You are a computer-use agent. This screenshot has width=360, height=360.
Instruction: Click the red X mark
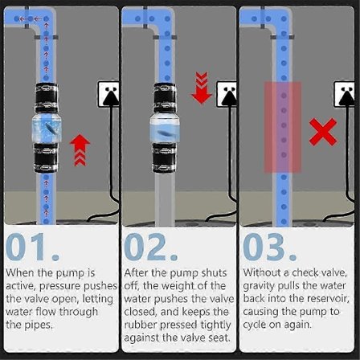tap(323, 132)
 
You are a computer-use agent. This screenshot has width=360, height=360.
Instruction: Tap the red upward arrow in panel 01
tap(80, 150)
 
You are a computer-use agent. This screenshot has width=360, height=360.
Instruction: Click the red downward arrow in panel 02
tap(202, 88)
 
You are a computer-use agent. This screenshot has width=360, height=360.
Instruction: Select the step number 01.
tap(32, 247)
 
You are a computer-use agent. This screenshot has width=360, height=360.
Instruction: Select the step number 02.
tap(151, 247)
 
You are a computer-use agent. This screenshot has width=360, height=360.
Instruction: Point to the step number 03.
tap(269, 247)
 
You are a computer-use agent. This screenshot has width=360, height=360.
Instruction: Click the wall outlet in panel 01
tap(108, 94)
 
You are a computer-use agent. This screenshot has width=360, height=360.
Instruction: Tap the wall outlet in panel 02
tap(227, 94)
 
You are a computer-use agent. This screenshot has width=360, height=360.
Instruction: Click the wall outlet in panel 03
tap(344, 94)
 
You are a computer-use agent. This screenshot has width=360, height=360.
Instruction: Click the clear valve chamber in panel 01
tap(47, 128)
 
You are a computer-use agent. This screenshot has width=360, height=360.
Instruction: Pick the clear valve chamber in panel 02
tap(165, 128)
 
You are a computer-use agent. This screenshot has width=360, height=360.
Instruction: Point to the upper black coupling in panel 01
tap(47, 98)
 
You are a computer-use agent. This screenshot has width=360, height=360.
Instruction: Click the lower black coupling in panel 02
tap(165, 157)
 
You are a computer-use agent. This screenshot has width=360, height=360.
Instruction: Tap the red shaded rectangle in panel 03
tap(283, 127)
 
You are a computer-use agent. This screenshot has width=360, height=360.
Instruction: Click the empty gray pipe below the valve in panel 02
tap(165, 198)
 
